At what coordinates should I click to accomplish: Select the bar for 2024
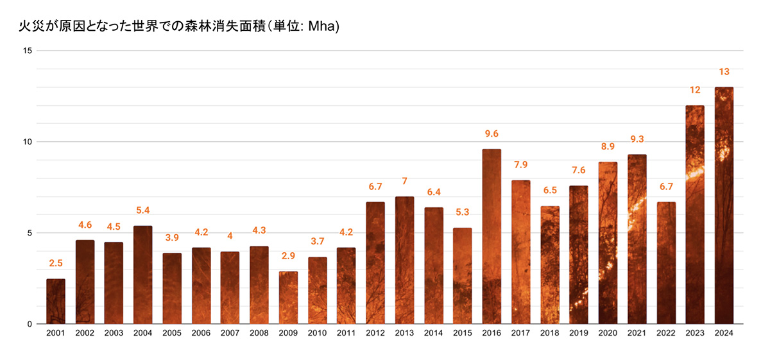point(724,205)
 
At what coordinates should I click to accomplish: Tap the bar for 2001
point(56,301)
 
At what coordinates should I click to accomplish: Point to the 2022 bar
point(666,262)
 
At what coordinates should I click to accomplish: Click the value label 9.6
point(492,134)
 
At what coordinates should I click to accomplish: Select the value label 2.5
point(56,264)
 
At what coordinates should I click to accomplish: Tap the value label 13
point(724,72)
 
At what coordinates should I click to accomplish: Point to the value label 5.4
point(142,210)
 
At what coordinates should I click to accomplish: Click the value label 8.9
point(608,147)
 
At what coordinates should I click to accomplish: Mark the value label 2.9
point(288,256)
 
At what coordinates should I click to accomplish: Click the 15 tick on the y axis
point(28,51)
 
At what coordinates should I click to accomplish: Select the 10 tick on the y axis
point(28,142)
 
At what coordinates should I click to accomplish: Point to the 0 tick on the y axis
point(30,324)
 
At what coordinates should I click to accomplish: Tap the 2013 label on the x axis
point(404,333)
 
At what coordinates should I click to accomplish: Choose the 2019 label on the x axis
point(579,333)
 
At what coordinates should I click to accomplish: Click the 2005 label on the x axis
point(172,333)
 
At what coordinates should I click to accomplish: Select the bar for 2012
point(375,262)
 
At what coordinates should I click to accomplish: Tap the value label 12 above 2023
point(695,90)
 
